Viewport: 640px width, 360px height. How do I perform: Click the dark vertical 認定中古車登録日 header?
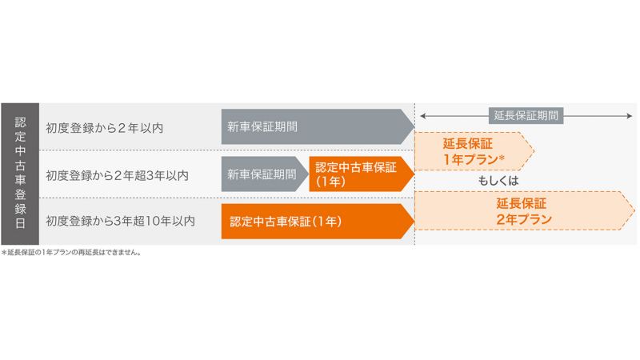tap(20, 174)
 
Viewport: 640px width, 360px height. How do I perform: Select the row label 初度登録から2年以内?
tap(105, 128)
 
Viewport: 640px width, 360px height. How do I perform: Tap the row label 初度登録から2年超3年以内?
tap(117, 175)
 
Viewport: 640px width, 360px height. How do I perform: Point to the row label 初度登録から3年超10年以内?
tap(121, 221)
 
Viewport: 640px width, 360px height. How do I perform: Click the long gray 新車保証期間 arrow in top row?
tap(318, 126)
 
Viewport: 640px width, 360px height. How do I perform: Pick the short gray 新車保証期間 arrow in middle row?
tap(265, 174)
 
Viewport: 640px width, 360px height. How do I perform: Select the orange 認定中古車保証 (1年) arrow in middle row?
tap(362, 174)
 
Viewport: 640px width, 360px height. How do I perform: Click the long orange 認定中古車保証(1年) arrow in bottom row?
tap(318, 222)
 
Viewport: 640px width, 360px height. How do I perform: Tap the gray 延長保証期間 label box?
tap(526, 115)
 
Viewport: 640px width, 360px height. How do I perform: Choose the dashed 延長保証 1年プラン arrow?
tap(474, 151)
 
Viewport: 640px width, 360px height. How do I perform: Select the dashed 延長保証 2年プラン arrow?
tap(525, 210)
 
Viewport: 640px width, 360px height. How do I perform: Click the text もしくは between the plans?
tap(498, 181)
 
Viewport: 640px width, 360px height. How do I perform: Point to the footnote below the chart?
tap(71, 252)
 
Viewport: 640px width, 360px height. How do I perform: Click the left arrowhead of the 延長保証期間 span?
tap(423, 116)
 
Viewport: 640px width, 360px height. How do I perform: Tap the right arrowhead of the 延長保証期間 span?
tap(630, 116)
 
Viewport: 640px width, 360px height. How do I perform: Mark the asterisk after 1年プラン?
tap(502, 157)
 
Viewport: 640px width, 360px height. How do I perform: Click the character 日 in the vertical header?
tap(20, 223)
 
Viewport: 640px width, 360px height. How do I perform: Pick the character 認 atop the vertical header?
tap(20, 122)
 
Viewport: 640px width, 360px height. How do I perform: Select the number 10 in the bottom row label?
tap(152, 221)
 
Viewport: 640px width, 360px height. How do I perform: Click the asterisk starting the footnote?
tap(4, 252)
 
